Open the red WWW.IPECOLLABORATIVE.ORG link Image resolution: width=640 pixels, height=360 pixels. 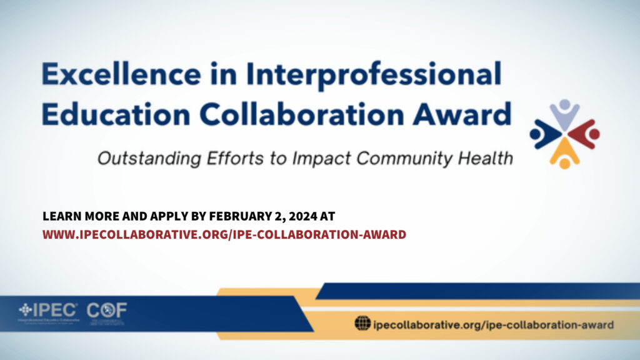point(224,234)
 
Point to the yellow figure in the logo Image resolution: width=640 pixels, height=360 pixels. point(564,154)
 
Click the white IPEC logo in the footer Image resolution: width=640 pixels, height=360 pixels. point(49,309)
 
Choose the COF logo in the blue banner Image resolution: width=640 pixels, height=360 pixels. point(107,309)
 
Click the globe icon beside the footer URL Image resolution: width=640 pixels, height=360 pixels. point(362,324)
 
